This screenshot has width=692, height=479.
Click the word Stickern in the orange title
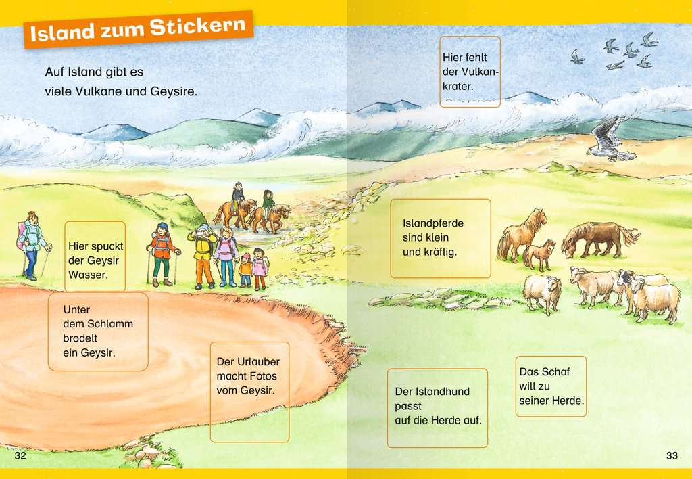coord(197,27)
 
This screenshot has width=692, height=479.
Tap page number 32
coord(20,455)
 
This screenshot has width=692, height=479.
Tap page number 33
coord(672,455)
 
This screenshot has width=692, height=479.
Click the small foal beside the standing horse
coord(539,255)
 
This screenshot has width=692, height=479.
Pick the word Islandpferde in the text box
coord(433,223)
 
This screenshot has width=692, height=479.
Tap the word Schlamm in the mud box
coord(110,324)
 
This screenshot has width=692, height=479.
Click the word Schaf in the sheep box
coord(558,371)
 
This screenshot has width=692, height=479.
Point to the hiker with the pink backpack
coord(32,245)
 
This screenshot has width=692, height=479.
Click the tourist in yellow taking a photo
coord(203,256)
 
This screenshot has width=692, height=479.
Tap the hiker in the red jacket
coord(162,254)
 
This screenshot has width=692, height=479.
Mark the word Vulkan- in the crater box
coord(480,72)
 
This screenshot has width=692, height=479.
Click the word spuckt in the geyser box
coord(107,246)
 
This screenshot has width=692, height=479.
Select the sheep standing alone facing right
coord(543,292)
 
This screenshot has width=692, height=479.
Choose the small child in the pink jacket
coord(259,269)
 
